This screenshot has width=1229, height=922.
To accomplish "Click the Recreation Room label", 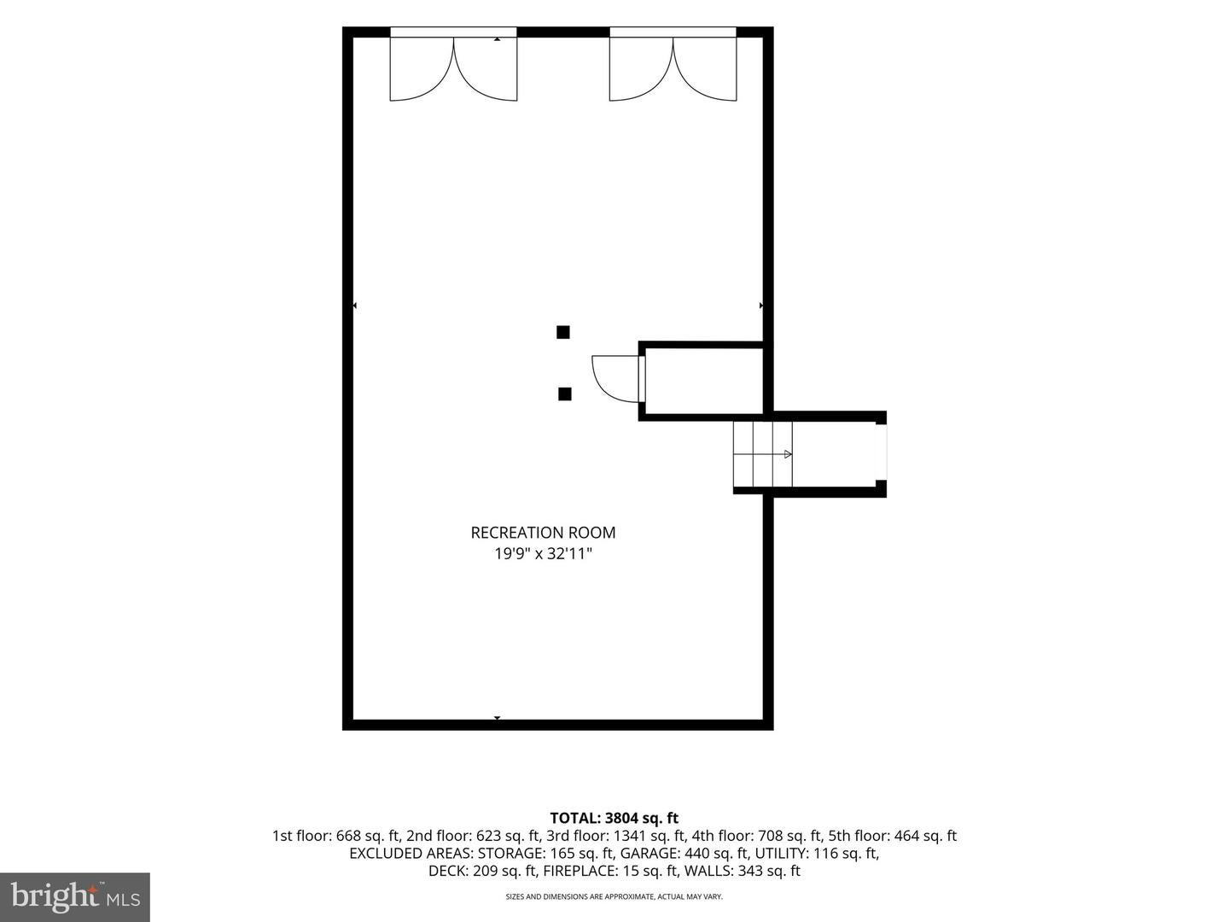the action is pos(543,533).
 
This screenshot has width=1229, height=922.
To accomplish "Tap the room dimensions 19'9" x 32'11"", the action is pos(543,554).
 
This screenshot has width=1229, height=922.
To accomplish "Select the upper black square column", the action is pos(562,332).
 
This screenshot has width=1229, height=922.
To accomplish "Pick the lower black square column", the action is pos(564,394).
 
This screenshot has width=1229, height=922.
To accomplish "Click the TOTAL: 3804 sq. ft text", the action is pos(614,818).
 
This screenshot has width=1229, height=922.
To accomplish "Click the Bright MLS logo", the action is pos(74,896).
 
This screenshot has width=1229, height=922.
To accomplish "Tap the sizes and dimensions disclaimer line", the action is pos(614,896).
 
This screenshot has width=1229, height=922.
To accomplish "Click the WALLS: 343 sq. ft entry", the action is pos(743,871).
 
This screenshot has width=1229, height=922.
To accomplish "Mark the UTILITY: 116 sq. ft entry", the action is pos(817,853).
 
